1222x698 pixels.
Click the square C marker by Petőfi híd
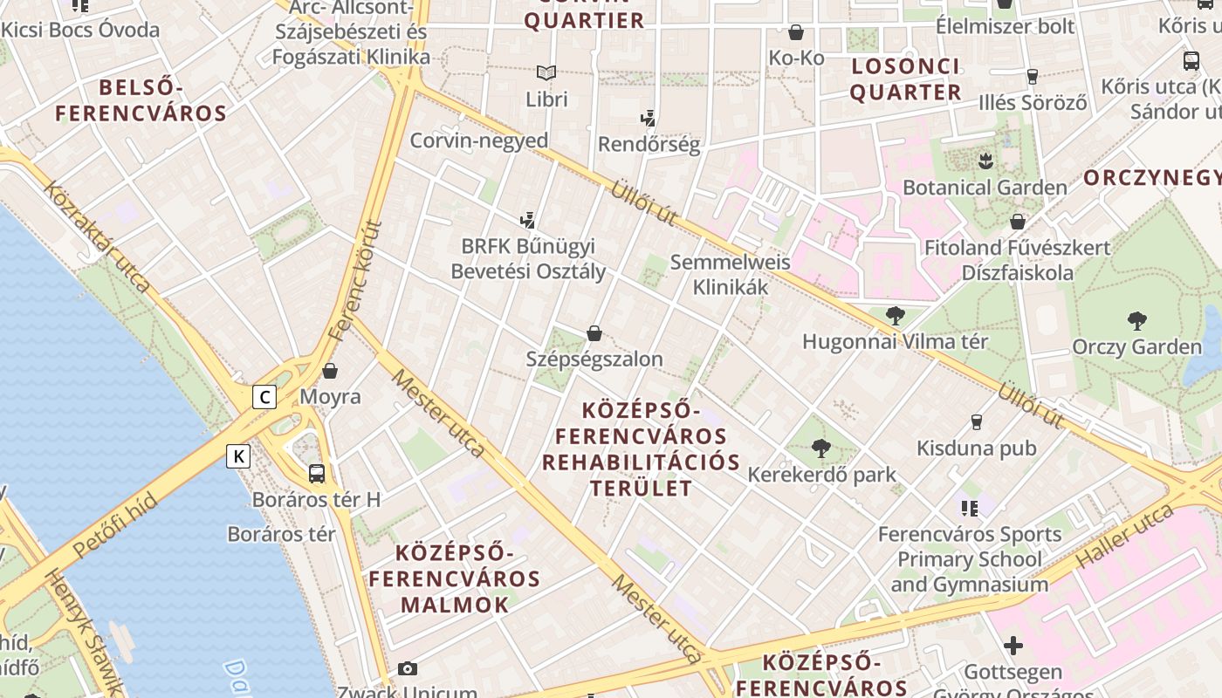click(264, 398)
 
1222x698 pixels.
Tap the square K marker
click(238, 455)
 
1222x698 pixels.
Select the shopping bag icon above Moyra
click(330, 371)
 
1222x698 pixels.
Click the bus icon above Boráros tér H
click(317, 474)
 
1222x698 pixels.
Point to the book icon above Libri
click(546, 72)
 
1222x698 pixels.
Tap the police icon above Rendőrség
click(648, 118)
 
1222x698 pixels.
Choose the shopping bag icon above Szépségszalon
click(594, 333)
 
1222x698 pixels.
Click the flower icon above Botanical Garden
click(985, 161)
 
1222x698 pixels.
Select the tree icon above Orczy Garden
click(1136, 320)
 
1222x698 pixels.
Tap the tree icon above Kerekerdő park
click(820, 448)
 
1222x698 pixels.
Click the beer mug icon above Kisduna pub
click(977, 422)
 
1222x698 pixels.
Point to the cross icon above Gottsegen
click(1013, 646)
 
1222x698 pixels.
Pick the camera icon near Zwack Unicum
click(407, 669)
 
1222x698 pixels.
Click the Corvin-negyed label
click(479, 140)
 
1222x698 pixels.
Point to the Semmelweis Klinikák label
click(730, 274)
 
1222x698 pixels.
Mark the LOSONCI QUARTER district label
click(905, 79)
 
